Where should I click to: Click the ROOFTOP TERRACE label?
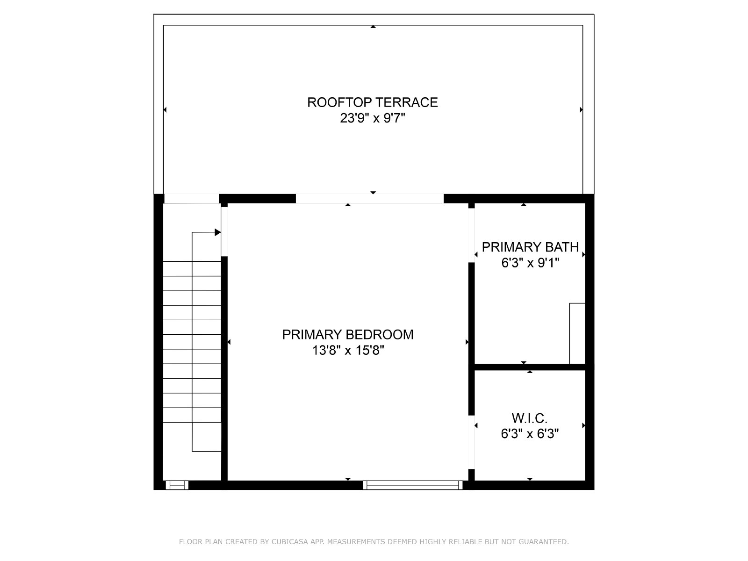(x=373, y=102)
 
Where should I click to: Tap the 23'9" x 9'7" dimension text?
(x=373, y=118)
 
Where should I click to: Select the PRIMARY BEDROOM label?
(x=348, y=334)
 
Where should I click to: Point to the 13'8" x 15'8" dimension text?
(x=348, y=350)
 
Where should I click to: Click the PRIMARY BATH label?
(x=530, y=247)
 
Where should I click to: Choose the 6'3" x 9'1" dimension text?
(x=530, y=263)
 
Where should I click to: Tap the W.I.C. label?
(x=530, y=418)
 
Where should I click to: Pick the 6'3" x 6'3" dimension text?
(x=530, y=434)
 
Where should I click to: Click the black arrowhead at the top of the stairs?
(x=218, y=232)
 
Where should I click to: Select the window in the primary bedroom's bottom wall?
(x=412, y=485)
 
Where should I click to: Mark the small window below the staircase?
(x=177, y=485)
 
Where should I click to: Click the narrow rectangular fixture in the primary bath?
(x=577, y=333)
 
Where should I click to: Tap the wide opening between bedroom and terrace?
(x=370, y=199)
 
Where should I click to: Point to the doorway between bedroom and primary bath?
(x=471, y=235)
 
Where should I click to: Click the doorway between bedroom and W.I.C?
(x=471, y=442)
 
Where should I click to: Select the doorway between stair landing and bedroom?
(x=224, y=231)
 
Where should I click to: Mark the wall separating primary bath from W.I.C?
(x=530, y=367)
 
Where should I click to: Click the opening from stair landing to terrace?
(x=192, y=199)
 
